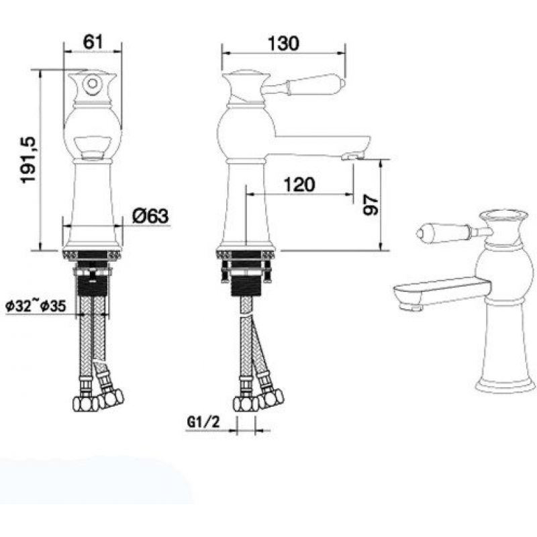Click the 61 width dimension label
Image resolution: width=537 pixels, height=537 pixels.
pos(93,42)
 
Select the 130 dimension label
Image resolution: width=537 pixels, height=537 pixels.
pos(283,43)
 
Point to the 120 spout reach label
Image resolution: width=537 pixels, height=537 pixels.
pos(299,185)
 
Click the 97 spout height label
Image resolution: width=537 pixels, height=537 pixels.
pos(371,205)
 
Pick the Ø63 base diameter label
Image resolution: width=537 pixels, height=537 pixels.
pos(150,215)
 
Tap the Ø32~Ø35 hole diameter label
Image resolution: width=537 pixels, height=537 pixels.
pos(36,305)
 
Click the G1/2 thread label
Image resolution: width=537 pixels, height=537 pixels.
pos(203,422)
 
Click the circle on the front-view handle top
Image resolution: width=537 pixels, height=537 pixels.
pos(92,83)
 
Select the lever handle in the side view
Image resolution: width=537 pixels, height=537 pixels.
pos(305,84)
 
